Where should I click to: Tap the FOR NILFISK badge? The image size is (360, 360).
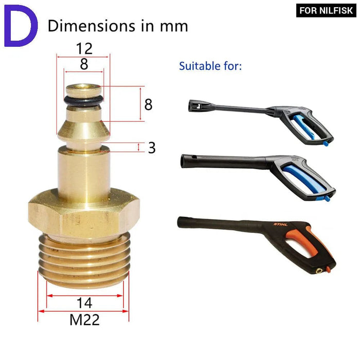(x=326, y=10)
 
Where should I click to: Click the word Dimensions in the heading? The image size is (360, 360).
(x=92, y=26)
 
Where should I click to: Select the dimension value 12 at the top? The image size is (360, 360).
(x=84, y=49)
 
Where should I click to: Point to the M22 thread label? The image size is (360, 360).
(x=84, y=320)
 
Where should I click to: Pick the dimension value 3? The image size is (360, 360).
(x=152, y=148)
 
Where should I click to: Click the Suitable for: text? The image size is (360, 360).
(x=210, y=66)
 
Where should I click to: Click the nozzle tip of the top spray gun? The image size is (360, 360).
(x=191, y=106)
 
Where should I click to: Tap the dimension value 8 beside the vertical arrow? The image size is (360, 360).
(x=148, y=104)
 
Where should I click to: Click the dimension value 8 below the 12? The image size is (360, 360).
(x=84, y=64)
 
